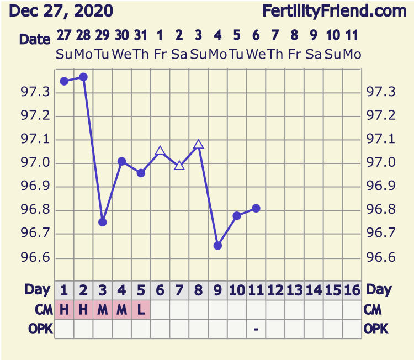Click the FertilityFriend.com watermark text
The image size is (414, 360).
click(334, 10)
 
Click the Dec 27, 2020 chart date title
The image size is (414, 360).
click(61, 10)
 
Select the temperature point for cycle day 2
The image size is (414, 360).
click(83, 77)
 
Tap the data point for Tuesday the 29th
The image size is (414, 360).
click(102, 222)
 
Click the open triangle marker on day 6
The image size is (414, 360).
click(160, 151)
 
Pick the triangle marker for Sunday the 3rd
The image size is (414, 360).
click(199, 145)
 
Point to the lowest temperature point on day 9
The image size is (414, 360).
click(217, 246)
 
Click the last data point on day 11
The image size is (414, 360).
click(256, 208)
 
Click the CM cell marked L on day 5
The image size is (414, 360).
click(141, 310)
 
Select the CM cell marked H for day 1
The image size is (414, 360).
click(64, 310)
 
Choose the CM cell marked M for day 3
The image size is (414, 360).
click(102, 310)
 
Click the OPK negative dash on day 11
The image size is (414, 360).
click(256, 329)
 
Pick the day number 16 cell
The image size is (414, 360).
click(352, 290)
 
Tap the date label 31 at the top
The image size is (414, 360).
click(141, 36)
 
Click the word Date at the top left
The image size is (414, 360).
click(35, 39)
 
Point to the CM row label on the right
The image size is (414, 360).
click(373, 310)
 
